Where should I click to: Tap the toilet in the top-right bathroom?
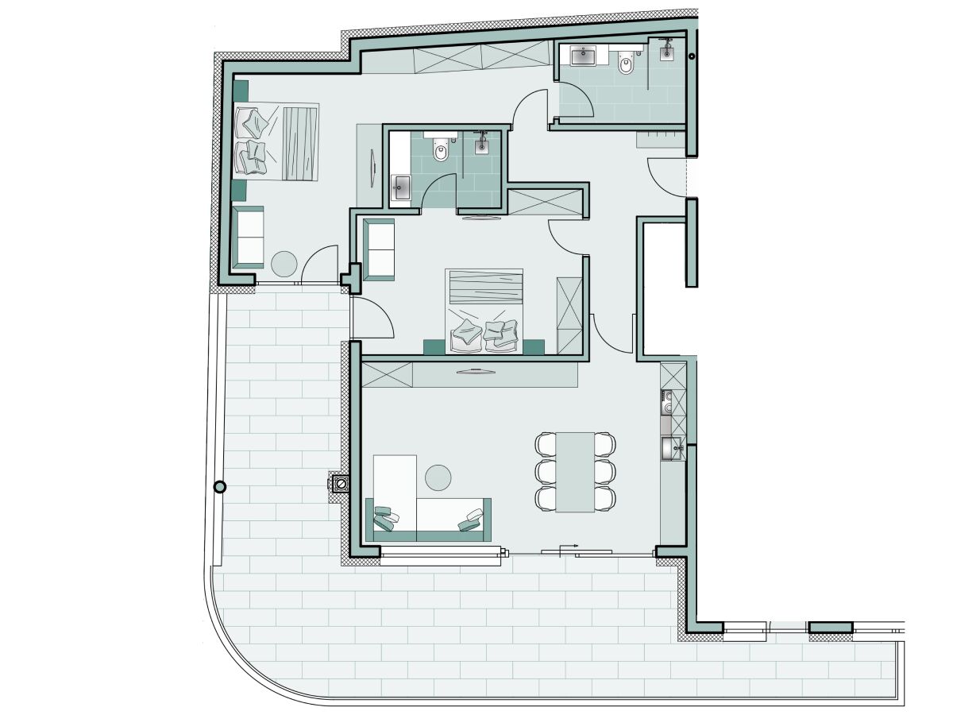pyautogui.click(x=626, y=63)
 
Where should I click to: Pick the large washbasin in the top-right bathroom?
pyautogui.click(x=585, y=55)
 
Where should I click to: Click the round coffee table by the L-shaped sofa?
pyautogui.click(x=438, y=477)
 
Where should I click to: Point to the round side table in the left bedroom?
pyautogui.click(x=284, y=263)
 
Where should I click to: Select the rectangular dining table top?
pyautogui.click(x=574, y=471)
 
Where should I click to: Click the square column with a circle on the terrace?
pyautogui.click(x=341, y=482)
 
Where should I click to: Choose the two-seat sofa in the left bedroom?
pyautogui.click(x=248, y=236)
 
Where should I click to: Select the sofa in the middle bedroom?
pyautogui.click(x=379, y=249)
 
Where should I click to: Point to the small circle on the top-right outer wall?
pyautogui.click(x=692, y=56)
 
